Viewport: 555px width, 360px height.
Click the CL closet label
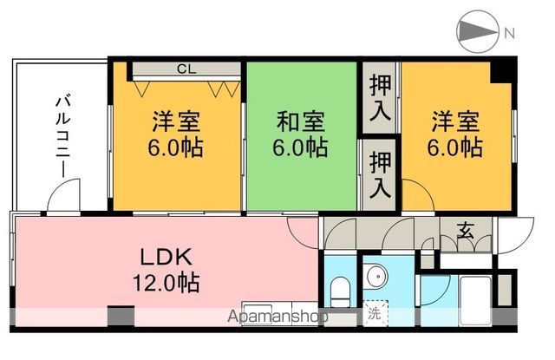coord(186,69)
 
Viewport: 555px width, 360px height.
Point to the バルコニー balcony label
coord(63,134)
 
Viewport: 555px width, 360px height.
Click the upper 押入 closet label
coord(380,95)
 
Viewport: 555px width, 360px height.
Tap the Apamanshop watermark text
coord(277,316)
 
